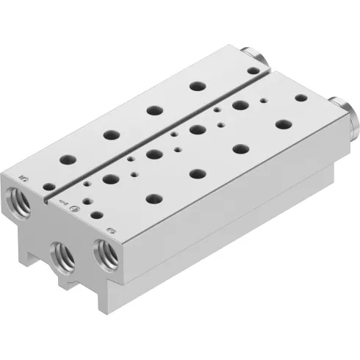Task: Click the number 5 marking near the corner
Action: pos(24,178)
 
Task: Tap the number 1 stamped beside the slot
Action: pos(62,196)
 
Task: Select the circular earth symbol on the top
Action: pos(74,211)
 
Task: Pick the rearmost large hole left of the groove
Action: pos(196,86)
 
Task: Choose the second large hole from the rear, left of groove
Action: pos(154,110)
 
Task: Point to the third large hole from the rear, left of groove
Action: pos(111,134)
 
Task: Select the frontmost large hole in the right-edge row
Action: pos(154,197)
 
